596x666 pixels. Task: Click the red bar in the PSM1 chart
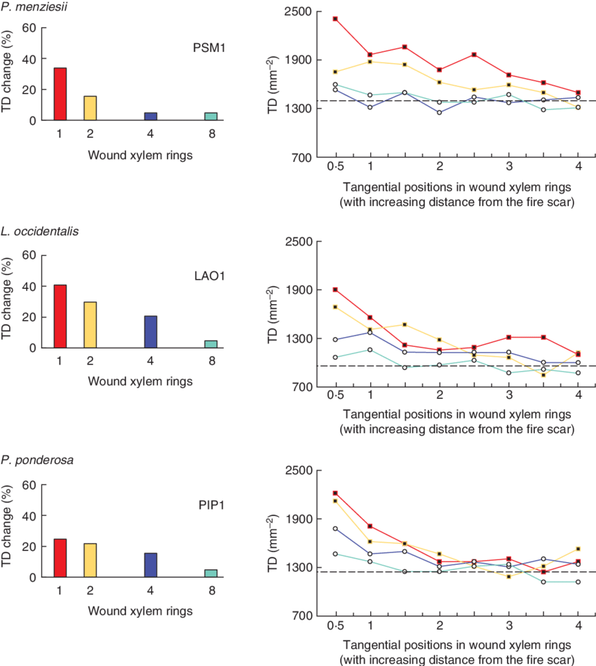coord(60,94)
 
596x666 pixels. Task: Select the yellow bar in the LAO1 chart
coord(90,325)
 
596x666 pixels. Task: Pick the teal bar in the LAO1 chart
coord(211,344)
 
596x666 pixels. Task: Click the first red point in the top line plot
coord(336,19)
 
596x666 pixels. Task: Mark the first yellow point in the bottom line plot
coord(336,501)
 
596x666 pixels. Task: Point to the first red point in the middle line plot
coord(336,290)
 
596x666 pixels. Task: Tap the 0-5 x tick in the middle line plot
coord(335,395)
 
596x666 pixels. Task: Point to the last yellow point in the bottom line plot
coord(578,549)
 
